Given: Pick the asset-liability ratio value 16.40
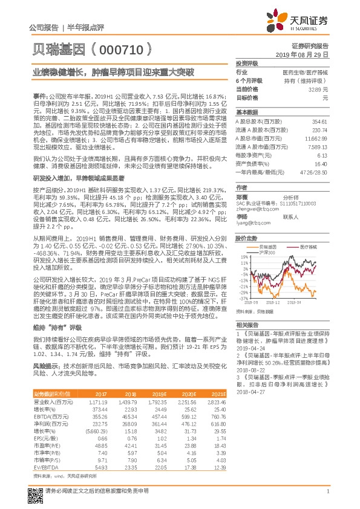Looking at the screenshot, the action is [321, 163].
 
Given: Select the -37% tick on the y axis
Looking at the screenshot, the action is [242, 298].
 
